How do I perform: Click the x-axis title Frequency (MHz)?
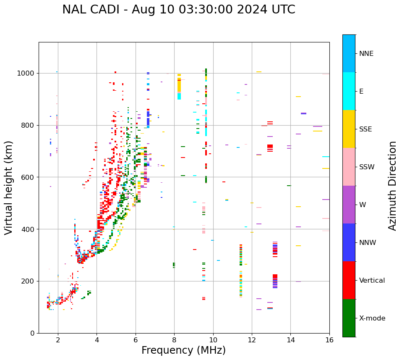point(183,350)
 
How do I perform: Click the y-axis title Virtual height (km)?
point(9,188)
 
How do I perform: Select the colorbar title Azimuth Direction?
point(392,186)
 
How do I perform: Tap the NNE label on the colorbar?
point(366,54)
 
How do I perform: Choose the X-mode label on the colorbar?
point(372,318)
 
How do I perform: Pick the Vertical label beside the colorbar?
point(372,281)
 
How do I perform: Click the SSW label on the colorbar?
point(367,167)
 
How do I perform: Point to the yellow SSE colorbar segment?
point(349,129)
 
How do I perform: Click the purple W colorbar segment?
point(349,205)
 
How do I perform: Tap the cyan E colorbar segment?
point(349,91)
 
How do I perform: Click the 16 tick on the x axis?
point(329,339)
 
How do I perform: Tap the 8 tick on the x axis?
point(174,339)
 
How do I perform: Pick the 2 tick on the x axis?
point(58,339)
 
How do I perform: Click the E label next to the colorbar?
point(361,92)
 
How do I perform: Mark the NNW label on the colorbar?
point(368,243)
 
